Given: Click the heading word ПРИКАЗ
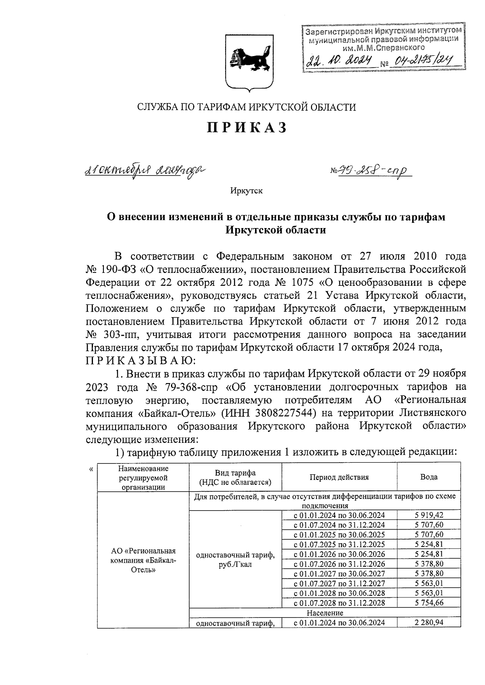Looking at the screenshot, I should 247,128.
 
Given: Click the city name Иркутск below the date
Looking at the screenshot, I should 247,191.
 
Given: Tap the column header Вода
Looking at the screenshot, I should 429,477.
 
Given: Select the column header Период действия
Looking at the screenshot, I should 339,477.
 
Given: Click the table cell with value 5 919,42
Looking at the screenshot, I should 429,515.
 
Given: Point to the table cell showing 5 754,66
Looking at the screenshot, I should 429,603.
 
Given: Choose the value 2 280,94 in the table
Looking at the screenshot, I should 429,622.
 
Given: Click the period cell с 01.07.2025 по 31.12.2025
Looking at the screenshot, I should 339,545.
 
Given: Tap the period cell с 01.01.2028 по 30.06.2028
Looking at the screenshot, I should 339,593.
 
